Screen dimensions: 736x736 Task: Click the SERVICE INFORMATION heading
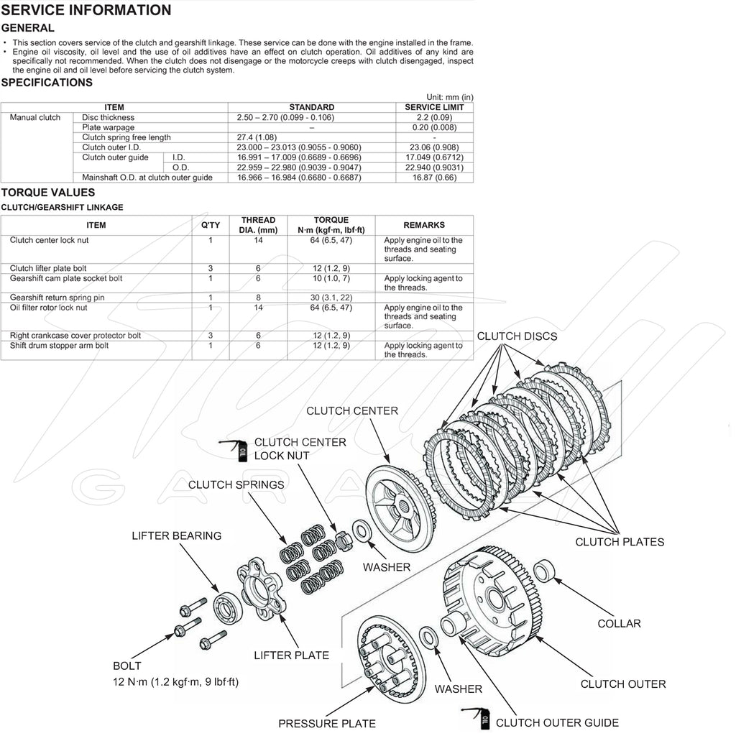click(x=86, y=10)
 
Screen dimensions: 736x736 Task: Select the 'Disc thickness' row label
click(x=108, y=117)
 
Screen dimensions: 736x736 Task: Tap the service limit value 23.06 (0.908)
click(x=434, y=147)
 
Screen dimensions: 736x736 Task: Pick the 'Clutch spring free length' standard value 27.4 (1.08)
click(x=257, y=137)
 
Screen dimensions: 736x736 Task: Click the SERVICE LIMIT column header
click(x=434, y=107)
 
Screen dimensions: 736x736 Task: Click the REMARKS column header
click(x=423, y=225)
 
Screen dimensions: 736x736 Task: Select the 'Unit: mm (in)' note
click(x=449, y=97)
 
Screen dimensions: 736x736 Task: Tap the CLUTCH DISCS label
click(x=517, y=336)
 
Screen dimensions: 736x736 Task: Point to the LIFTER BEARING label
click(x=176, y=535)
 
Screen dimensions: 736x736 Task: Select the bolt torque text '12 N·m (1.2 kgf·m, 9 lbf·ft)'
click(x=175, y=681)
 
